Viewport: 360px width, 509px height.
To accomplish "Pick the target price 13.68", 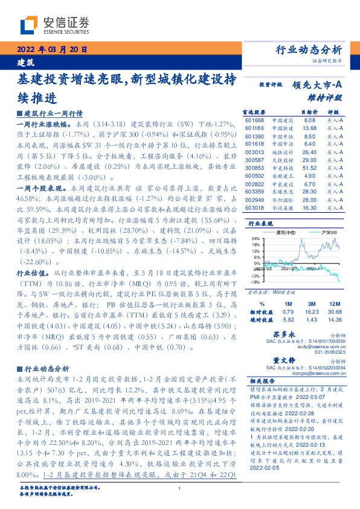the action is (x=309, y=128).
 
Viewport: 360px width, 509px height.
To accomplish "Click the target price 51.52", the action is (x=309, y=168).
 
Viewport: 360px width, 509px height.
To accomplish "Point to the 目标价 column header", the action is (x=309, y=112).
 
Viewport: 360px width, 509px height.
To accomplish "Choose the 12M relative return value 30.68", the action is (x=335, y=312).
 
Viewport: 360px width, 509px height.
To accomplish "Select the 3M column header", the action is (x=312, y=304).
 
